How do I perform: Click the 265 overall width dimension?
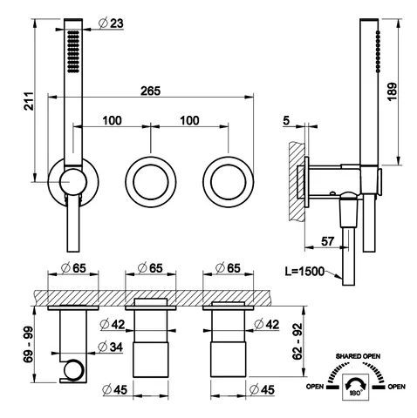coord(150,91)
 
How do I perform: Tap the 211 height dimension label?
coord(29,101)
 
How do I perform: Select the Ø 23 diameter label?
coord(111,24)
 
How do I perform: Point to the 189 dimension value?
coord(392,91)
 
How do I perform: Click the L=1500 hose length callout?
coord(304,272)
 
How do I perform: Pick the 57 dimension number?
coord(327,241)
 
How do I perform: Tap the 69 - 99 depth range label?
coord(29,345)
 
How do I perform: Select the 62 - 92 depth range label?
coord(297,341)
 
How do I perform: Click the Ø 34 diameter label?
coord(111,347)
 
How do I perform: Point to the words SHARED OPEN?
coord(358,356)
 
